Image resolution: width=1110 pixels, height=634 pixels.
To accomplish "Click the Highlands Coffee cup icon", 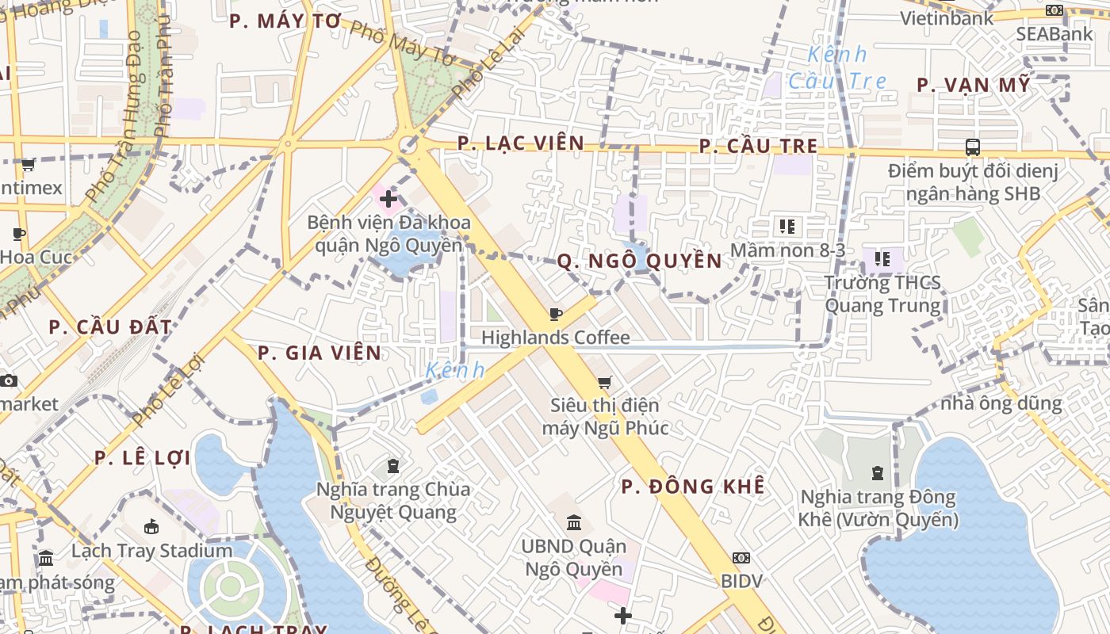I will coord(555,315).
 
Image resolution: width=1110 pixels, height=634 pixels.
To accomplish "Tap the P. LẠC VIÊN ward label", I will coord(521,143).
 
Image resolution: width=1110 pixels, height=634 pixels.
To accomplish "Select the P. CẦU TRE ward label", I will coord(758,147).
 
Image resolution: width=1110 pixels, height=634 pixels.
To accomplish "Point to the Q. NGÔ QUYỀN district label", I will coord(639,262).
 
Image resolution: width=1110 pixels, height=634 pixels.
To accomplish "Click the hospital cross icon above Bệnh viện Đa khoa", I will coord(388,200).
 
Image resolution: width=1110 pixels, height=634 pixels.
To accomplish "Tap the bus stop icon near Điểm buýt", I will coord(972,147).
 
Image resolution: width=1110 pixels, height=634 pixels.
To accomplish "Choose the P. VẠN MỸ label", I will coord(974,85).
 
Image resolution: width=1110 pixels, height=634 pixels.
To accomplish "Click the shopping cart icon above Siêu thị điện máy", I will coord(605,383).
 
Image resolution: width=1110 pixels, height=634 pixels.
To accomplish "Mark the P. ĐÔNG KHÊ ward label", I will coord(693,487).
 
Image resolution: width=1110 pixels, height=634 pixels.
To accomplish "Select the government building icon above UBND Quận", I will coord(574,523).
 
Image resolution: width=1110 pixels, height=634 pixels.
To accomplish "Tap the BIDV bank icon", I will coord(741,558).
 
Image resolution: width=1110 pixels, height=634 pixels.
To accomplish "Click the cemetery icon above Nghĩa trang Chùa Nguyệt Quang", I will coord(392,465).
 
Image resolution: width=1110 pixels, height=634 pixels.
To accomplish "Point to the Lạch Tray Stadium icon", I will coord(151,526).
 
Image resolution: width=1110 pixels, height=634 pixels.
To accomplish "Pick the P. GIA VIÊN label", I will coord(320,353).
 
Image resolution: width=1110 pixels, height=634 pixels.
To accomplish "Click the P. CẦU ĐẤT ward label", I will coord(110,327).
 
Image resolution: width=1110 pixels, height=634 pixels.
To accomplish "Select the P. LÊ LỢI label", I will coord(142,458).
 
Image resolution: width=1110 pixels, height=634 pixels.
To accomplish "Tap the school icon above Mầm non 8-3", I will coord(787,227).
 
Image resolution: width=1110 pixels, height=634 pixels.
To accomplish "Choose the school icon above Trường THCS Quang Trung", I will coord(882,258).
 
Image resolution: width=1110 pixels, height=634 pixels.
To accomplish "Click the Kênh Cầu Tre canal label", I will coord(837,67).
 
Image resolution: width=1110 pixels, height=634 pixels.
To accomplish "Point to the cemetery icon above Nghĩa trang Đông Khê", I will coord(878,473).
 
